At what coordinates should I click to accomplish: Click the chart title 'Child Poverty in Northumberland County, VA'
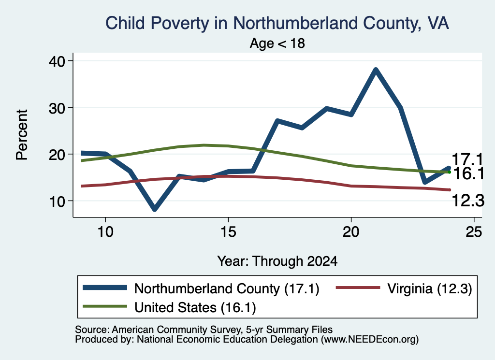coord(277,23)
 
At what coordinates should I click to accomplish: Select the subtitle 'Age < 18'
coord(277,43)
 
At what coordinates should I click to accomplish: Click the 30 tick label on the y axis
coord(57,108)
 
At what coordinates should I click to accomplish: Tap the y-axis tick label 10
coord(57,201)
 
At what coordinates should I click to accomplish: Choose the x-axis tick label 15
coord(228,232)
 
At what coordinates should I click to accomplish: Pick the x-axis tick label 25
coord(474,232)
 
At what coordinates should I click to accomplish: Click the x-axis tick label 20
coord(351,232)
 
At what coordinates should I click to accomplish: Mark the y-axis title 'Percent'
coord(22,135)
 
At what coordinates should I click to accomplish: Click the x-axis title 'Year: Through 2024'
coord(277,261)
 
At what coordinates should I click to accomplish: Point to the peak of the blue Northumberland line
coord(376,70)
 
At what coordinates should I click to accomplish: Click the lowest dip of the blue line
coord(154,209)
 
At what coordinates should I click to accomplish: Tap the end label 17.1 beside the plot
coord(467,159)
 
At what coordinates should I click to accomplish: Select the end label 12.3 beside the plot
coord(468,201)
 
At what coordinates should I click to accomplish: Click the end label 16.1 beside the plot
coord(468,174)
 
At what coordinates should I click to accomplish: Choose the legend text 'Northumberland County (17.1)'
coord(227,288)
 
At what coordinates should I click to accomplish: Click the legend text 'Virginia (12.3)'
coord(430,288)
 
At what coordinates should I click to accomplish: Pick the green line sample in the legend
coord(105,306)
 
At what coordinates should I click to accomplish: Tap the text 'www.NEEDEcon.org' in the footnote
coord(369,340)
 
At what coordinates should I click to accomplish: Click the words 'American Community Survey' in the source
coord(176,330)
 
